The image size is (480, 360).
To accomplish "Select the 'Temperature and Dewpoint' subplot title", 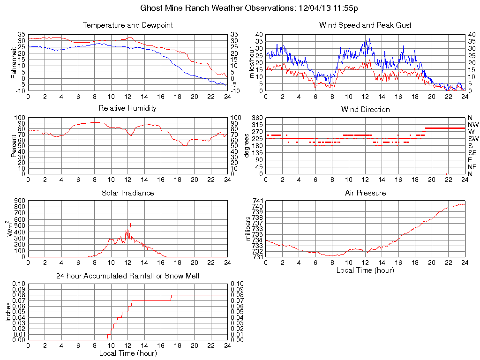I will (x=127, y=25).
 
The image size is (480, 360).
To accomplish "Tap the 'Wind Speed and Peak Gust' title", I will (x=365, y=25).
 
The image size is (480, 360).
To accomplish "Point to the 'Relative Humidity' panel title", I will (x=127, y=108).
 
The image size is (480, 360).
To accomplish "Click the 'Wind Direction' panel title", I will (x=365, y=109).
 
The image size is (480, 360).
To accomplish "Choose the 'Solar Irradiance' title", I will (x=127, y=193).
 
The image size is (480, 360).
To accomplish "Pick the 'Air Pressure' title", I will (x=365, y=193).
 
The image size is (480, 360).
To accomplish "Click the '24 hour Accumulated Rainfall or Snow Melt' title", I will (x=127, y=276).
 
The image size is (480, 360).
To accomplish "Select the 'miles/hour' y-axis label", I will (x=251, y=62).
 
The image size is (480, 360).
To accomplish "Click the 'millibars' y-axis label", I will (x=249, y=228).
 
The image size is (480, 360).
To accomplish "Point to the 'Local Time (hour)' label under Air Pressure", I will (x=365, y=270).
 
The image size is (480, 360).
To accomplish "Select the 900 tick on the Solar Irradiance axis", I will (x=19, y=201).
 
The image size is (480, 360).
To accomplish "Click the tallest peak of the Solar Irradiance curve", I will (x=130, y=224).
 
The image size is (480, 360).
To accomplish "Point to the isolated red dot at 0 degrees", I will (x=446, y=174).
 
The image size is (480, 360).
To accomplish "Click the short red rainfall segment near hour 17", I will (x=171, y=298).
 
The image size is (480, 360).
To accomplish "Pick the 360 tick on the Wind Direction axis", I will (x=256, y=118).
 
